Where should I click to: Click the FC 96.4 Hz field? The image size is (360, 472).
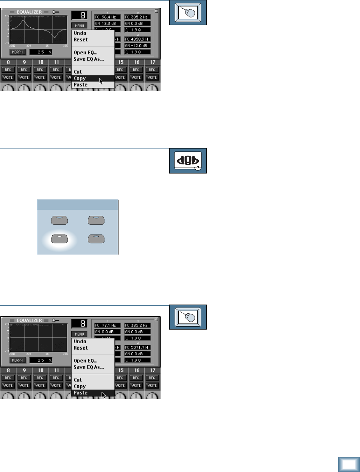click(x=107, y=17)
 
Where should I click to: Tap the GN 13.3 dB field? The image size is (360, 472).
click(x=107, y=23)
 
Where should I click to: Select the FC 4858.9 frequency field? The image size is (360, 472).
click(x=137, y=39)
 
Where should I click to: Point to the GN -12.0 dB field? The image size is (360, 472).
click(x=137, y=45)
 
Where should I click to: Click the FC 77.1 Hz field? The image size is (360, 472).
click(x=107, y=325)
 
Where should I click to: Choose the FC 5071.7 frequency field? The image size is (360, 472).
click(x=137, y=347)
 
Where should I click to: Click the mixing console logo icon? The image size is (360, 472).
click(x=188, y=161)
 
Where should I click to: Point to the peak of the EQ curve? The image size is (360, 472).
click(x=23, y=21)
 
